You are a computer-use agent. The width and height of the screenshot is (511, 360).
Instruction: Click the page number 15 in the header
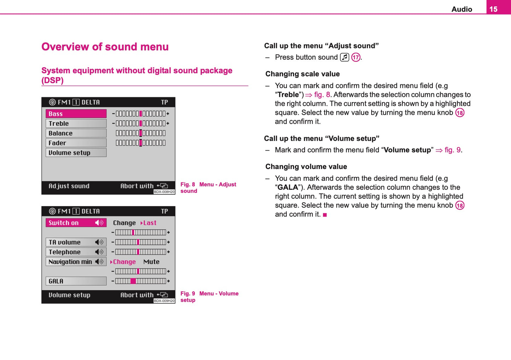[493, 9]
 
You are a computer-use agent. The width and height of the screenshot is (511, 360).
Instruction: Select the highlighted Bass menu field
[76, 114]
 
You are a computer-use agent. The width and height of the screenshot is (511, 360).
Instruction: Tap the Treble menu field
[76, 123]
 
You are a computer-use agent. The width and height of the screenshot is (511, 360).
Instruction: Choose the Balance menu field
[76, 133]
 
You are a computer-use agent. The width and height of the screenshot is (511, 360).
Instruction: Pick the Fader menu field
[76, 143]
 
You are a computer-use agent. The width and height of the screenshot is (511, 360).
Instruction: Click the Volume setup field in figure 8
[76, 153]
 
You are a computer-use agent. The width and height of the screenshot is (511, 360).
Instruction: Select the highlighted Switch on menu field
[76, 223]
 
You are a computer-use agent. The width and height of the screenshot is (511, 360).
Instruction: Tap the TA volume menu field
[76, 242]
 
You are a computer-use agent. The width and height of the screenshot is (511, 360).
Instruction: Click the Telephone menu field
[76, 252]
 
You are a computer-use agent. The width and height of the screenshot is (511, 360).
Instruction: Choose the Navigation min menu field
[76, 262]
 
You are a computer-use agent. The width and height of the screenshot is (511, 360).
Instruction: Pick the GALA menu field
[76, 281]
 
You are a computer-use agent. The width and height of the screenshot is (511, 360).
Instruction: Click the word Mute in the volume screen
[151, 262]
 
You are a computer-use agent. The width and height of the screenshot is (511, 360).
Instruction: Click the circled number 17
[356, 57]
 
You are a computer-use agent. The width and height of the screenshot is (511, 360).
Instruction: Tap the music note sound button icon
[344, 57]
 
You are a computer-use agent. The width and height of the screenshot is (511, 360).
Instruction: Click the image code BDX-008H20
[164, 192]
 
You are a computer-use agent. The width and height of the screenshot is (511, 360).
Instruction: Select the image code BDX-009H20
[164, 301]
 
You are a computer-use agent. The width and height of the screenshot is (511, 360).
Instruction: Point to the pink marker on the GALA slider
[133, 281]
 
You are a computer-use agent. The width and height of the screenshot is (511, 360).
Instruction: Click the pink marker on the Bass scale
[140, 114]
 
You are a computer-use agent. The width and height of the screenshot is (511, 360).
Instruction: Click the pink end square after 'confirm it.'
[325, 215]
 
